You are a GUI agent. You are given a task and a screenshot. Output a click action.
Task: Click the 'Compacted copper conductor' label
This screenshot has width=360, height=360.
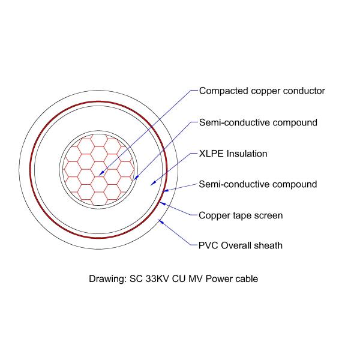pyautogui.click(x=262, y=91)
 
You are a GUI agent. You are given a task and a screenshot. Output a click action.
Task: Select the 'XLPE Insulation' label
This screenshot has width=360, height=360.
pyautogui.click(x=233, y=154)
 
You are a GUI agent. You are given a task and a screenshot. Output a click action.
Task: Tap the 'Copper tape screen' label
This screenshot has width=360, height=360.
pyautogui.click(x=241, y=215)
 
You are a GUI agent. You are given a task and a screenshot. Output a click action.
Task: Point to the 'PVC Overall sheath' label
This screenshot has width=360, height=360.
pyautogui.click(x=241, y=245)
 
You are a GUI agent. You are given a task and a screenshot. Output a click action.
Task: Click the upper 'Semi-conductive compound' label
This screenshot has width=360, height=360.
pyautogui.click(x=258, y=122)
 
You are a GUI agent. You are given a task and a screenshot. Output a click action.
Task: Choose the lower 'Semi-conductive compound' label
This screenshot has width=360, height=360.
pyautogui.click(x=258, y=184)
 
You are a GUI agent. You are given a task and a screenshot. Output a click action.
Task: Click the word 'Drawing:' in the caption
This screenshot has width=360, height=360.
pyautogui.click(x=107, y=279)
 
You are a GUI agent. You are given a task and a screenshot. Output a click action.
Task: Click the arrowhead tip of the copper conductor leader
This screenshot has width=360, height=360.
pyautogui.click(x=99, y=176)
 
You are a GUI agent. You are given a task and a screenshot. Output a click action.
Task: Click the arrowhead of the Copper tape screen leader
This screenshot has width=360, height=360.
pyautogui.click(x=160, y=202)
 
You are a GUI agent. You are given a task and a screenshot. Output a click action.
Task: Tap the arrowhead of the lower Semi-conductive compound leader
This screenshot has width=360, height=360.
pyautogui.click(x=163, y=191)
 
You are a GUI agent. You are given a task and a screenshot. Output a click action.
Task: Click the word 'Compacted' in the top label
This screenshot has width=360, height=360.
pyautogui.click(x=224, y=91)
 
